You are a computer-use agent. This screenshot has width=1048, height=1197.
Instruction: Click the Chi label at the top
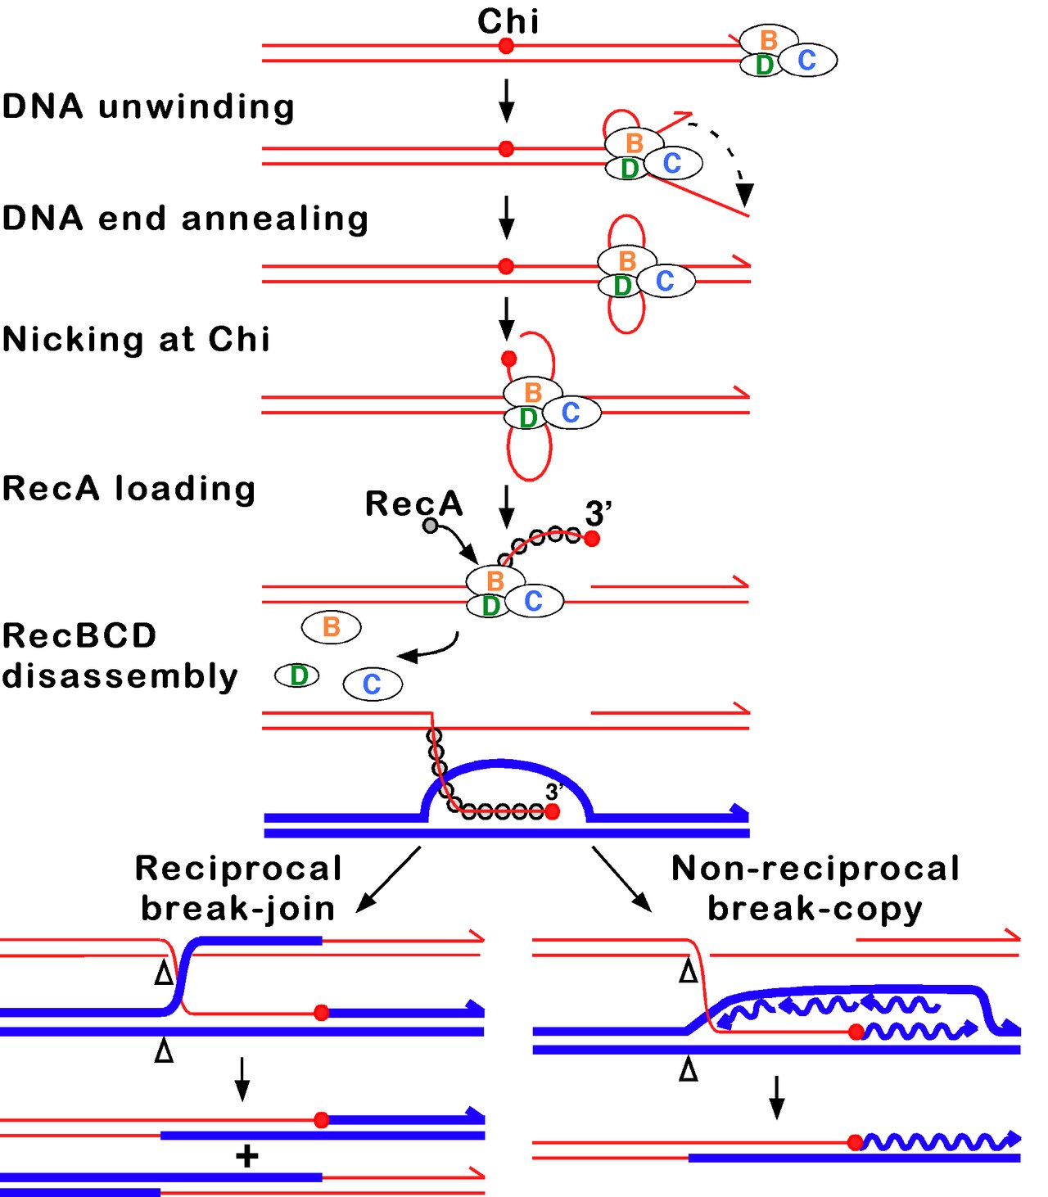(x=508, y=21)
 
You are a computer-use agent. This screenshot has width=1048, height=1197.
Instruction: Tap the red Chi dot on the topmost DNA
(x=506, y=46)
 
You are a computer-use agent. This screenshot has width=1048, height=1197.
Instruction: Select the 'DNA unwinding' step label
(x=148, y=106)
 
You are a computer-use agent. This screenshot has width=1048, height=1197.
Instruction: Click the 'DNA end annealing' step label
(x=185, y=219)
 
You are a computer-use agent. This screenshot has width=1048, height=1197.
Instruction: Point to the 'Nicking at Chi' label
(x=136, y=339)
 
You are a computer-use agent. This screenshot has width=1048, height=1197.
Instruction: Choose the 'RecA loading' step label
(x=129, y=488)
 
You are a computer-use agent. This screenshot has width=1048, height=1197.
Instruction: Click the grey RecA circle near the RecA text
(x=430, y=526)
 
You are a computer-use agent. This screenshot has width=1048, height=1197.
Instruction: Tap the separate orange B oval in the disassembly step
(x=332, y=627)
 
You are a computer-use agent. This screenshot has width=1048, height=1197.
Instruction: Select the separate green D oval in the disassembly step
(x=297, y=675)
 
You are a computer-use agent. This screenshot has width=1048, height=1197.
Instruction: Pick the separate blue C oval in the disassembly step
(x=373, y=684)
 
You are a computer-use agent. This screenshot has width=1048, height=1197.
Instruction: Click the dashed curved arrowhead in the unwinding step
(x=743, y=193)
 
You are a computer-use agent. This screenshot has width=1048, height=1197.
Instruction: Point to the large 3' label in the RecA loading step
(x=599, y=514)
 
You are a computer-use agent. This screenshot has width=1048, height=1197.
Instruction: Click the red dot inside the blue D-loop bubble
(x=552, y=811)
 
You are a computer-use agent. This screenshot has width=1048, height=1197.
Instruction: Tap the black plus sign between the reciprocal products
(x=246, y=1156)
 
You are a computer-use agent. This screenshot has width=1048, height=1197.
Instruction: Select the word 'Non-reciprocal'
(x=815, y=869)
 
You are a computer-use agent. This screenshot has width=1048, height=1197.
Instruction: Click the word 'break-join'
(x=238, y=909)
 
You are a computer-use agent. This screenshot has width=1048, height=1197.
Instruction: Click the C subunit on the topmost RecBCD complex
(x=807, y=60)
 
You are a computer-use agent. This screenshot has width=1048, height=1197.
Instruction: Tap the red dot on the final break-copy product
(x=856, y=1141)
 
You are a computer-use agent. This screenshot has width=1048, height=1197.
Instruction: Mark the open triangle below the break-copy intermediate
(x=689, y=1069)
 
